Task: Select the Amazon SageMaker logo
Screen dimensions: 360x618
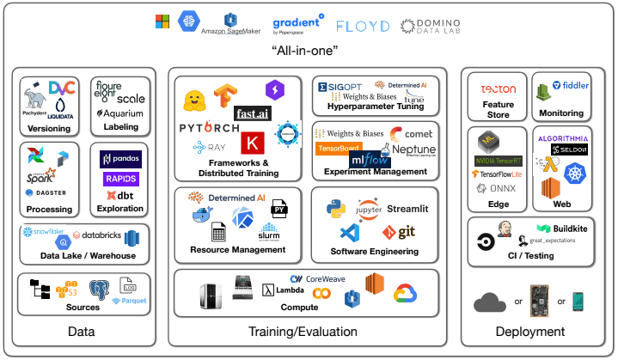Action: pos(230,25)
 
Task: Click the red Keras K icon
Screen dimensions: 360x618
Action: pos(253,143)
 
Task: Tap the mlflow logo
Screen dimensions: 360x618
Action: pos(370,160)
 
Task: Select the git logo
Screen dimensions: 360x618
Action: pos(400,232)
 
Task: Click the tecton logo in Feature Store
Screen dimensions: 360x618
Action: pos(499,88)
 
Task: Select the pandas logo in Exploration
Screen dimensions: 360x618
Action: pos(119,159)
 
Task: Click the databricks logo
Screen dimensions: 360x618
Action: pos(101,235)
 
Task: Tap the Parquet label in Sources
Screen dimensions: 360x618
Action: pos(133,301)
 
